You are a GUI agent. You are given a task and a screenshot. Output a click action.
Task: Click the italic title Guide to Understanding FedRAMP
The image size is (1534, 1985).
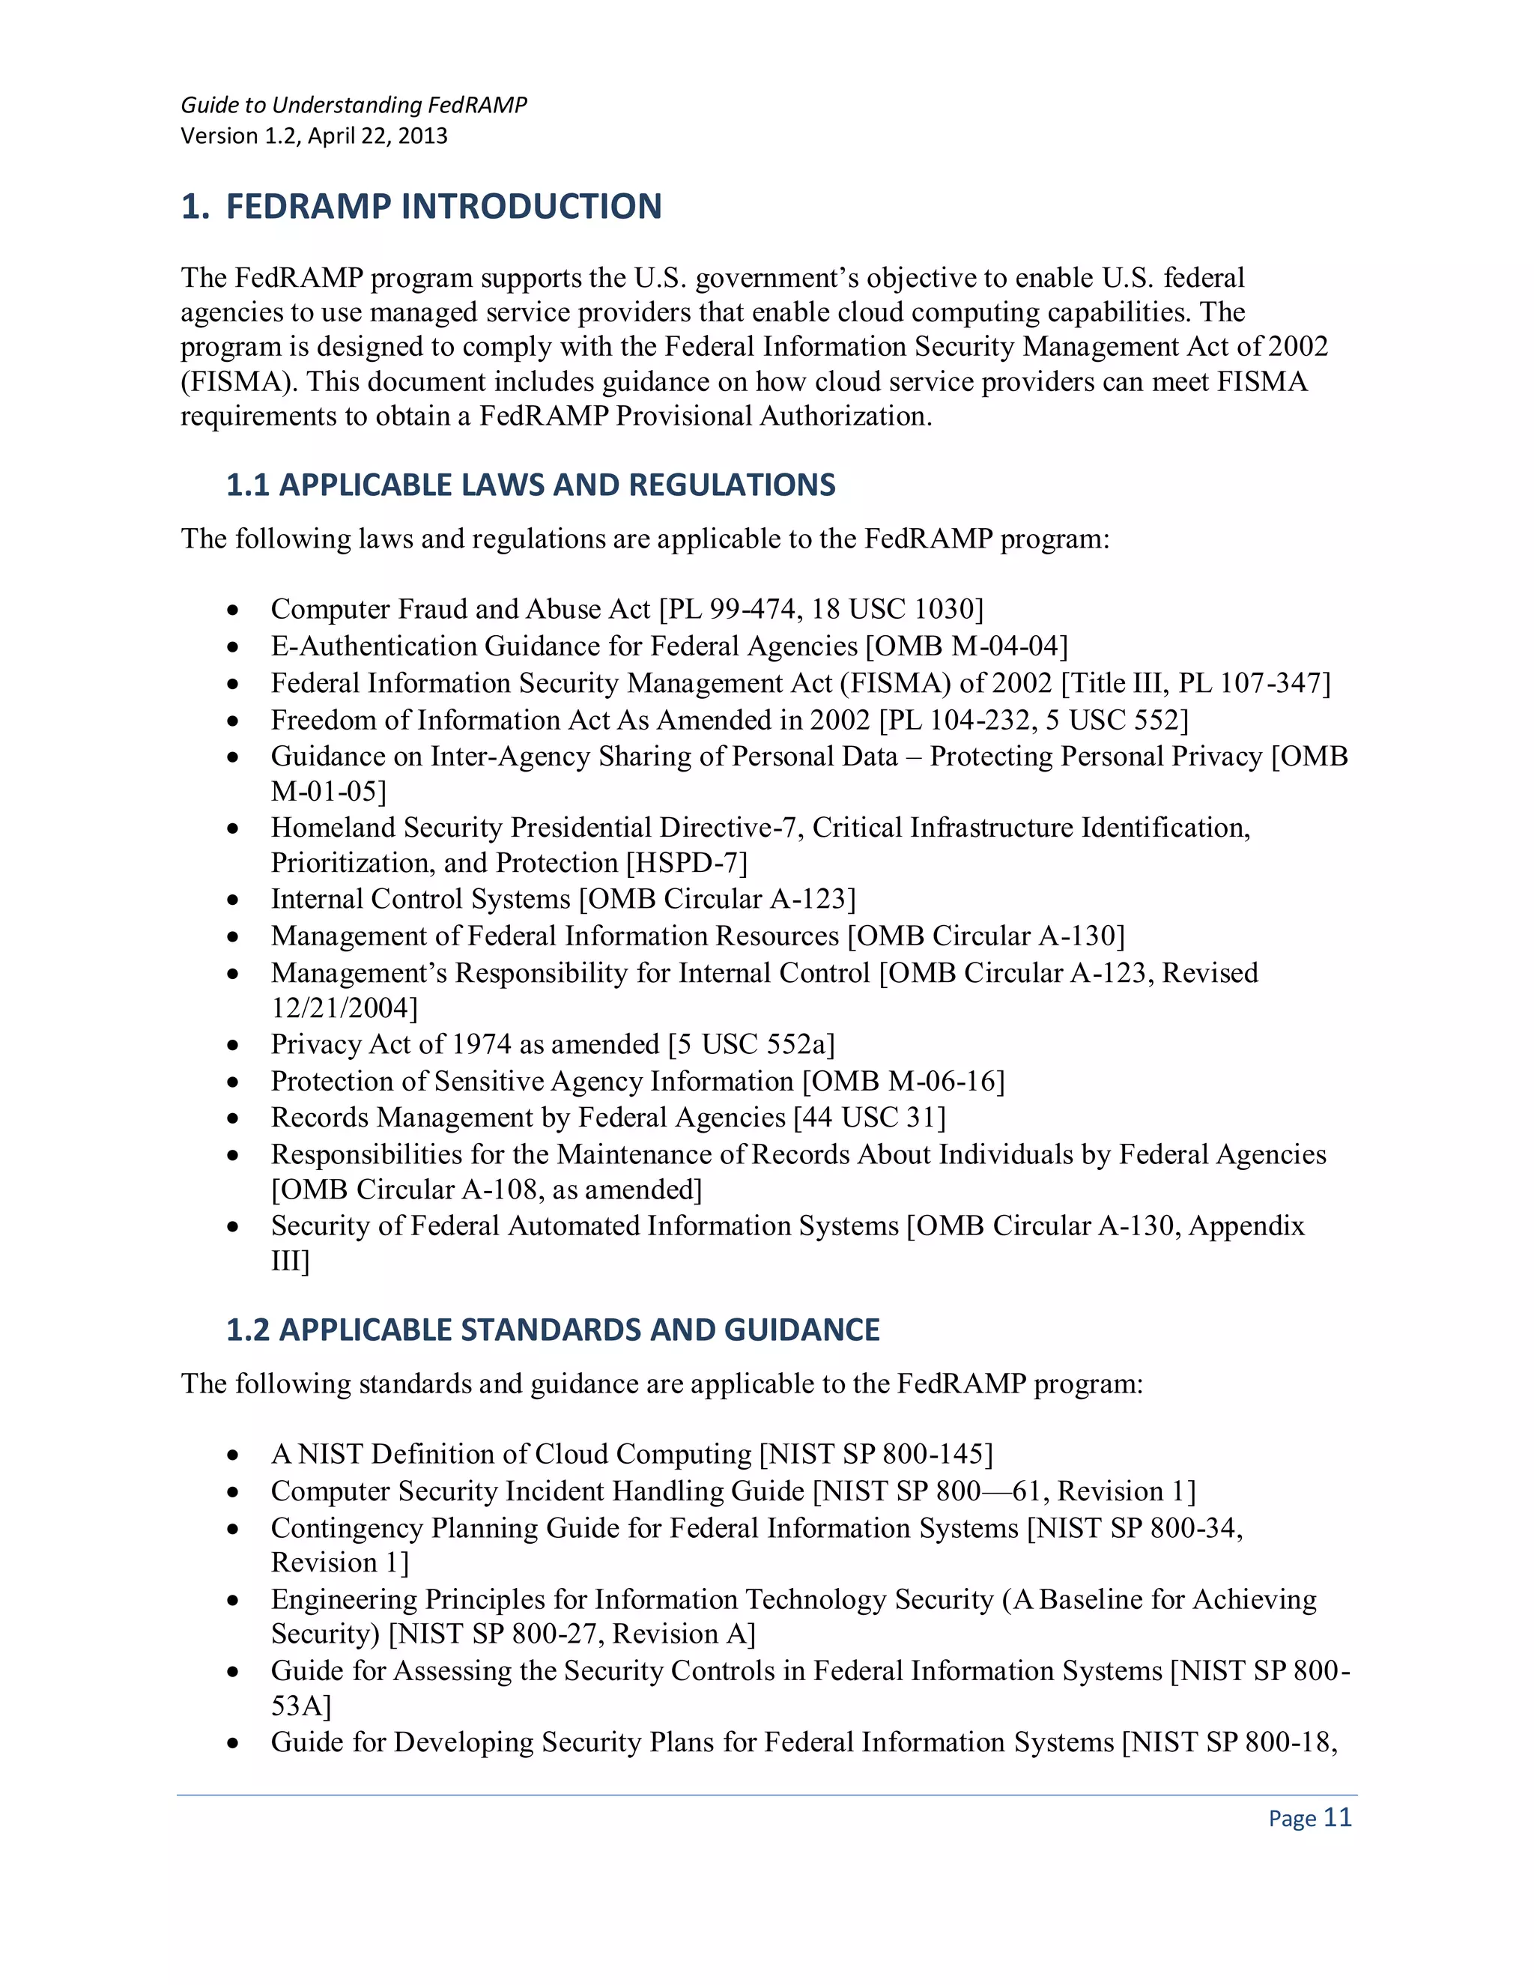click(354, 105)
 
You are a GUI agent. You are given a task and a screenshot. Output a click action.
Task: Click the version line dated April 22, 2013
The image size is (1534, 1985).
click(314, 136)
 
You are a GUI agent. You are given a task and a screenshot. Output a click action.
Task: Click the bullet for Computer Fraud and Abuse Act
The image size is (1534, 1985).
click(234, 610)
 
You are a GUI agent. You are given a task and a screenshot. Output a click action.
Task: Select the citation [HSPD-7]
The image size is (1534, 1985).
click(686, 861)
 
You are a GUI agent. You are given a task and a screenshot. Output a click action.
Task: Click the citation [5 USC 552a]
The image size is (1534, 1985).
click(751, 1043)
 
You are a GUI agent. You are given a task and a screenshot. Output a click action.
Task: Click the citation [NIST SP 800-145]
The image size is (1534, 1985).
click(876, 1453)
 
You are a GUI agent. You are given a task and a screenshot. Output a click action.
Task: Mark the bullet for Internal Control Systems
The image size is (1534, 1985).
click(234, 900)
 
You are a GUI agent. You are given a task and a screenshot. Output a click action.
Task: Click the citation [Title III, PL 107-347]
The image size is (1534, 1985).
click(1195, 682)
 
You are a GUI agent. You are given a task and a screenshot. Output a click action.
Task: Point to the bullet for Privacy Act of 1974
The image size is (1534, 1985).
click(234, 1045)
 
